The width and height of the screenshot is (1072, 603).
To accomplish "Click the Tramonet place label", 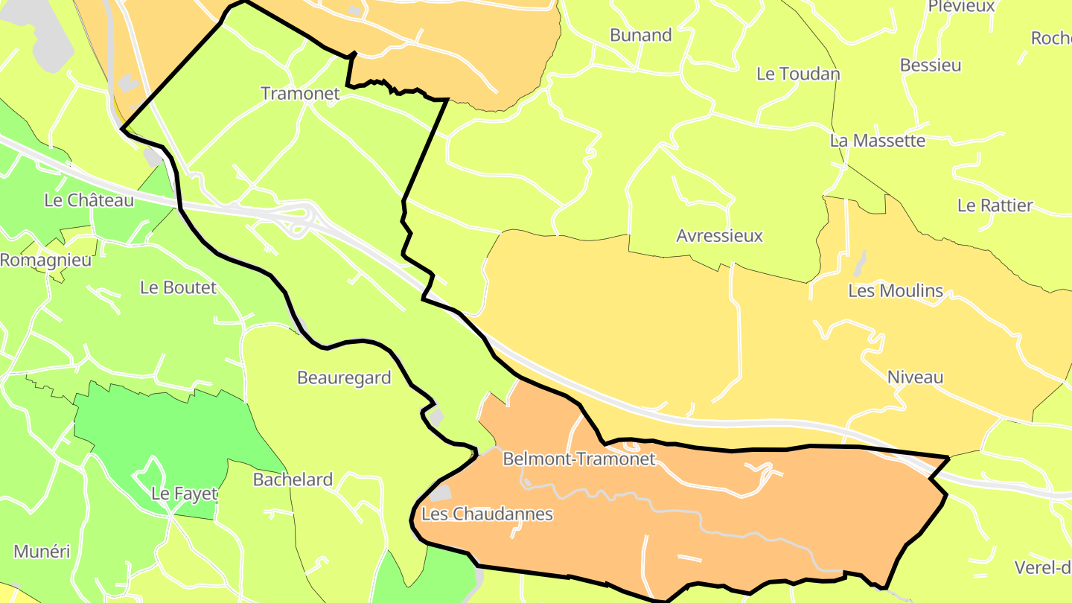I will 300,94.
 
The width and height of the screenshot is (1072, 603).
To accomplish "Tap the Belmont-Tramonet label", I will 579,459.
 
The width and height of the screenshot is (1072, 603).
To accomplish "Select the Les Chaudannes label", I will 487,514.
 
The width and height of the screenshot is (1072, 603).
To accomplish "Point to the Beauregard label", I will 344,377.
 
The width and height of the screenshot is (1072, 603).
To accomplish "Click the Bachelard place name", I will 293,479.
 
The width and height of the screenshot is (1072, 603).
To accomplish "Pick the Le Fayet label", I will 184,494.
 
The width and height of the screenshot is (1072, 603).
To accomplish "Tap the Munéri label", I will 42,552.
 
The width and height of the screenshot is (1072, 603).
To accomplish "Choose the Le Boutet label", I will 178,287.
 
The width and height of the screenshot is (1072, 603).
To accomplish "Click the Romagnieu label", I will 45,261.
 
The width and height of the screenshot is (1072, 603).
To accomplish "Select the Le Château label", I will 89,200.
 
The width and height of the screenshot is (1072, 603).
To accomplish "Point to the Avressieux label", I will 720,236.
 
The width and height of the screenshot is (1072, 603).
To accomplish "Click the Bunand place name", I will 640,35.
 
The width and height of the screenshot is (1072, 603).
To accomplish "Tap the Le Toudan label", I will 798,74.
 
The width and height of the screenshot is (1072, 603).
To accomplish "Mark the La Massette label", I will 878,141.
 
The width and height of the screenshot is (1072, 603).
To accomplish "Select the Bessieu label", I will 931,65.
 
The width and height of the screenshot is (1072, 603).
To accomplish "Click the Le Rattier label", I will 995,205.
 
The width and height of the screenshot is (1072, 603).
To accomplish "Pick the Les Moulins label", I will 896,291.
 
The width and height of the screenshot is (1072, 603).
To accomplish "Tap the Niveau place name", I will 915,377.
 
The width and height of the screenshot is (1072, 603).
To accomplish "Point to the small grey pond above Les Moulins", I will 861,262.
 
